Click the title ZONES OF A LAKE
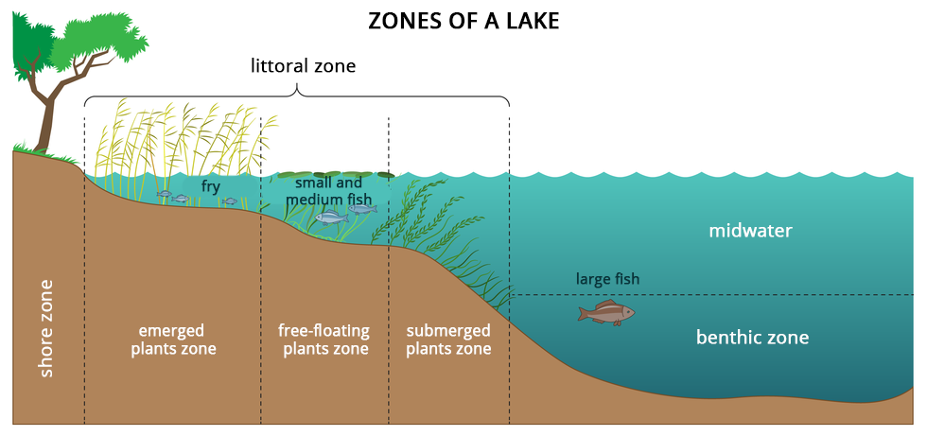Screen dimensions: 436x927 (x=463, y=21)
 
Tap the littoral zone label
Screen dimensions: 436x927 (x=303, y=66)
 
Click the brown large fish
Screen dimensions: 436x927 (x=605, y=312)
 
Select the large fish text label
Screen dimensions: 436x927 (x=607, y=279)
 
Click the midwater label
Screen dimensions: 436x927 (x=750, y=231)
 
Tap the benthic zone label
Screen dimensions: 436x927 (x=752, y=337)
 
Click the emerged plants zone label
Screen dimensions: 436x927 (x=173, y=340)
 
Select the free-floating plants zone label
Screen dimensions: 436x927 (x=324, y=340)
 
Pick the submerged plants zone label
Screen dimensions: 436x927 (x=448, y=340)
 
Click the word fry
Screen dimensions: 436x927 (x=210, y=187)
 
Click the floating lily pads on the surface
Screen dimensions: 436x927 (x=336, y=175)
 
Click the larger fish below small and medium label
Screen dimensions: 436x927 (x=331, y=218)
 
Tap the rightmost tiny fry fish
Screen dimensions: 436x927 (x=230, y=201)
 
